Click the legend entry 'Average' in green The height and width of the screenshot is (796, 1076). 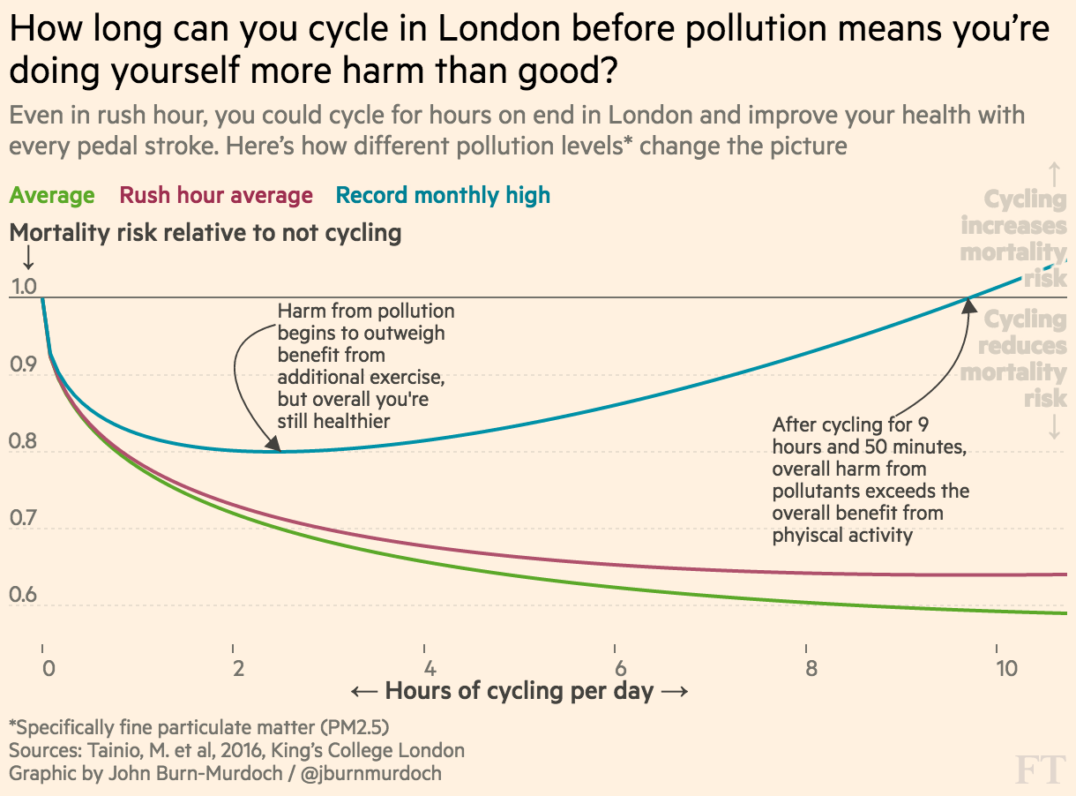pos(52,195)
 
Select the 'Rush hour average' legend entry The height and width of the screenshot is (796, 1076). pos(216,195)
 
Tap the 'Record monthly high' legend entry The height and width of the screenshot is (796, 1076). pos(443,195)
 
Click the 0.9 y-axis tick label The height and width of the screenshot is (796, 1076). pos(23,364)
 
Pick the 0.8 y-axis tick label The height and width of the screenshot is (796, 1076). pos(23,441)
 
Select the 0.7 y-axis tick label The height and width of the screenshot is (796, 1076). pos(23,518)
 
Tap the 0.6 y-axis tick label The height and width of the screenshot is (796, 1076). pos(23,595)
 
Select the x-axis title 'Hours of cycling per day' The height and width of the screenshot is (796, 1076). pos(519,690)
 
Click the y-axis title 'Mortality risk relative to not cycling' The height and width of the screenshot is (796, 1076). pos(205,233)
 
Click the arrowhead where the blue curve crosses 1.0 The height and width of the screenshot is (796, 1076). pos(968,305)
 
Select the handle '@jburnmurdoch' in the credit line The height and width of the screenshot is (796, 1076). pos(371,773)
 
